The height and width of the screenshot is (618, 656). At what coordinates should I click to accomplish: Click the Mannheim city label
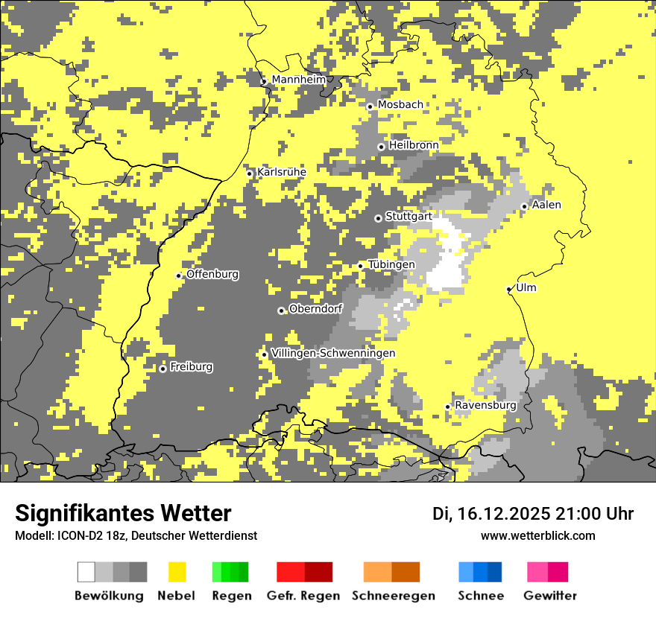coord(298,80)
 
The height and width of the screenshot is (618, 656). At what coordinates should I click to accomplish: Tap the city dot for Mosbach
coord(370,106)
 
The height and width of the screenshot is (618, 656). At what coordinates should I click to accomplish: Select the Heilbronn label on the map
coord(413,145)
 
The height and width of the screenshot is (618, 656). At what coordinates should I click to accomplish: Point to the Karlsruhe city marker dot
coord(250,173)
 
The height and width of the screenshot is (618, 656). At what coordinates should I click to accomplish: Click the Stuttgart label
coord(409,217)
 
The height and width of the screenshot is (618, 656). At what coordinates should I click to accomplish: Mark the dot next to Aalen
coord(524,206)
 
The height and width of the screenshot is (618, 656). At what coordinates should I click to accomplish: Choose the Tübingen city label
coord(391,264)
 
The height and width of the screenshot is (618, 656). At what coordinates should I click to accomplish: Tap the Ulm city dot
coord(509,289)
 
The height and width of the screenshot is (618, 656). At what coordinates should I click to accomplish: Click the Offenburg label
coord(212,274)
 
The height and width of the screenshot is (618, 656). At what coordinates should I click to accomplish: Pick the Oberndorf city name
coord(315,309)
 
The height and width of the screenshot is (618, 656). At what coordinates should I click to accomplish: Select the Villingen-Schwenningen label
coord(333,353)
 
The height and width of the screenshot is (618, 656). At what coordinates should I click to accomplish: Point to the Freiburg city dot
coord(163,369)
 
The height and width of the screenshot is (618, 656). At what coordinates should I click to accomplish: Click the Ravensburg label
coord(485,405)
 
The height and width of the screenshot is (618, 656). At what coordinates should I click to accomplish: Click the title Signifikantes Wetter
coord(123,513)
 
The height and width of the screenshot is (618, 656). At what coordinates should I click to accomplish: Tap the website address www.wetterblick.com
coord(538,535)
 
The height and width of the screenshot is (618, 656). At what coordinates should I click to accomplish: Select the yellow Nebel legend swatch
coord(177,572)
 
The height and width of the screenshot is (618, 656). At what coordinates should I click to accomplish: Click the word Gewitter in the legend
coord(550,596)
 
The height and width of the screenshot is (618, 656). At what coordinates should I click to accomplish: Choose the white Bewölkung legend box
coord(86,572)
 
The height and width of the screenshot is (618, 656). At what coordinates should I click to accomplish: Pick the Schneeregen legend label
coord(394,596)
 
